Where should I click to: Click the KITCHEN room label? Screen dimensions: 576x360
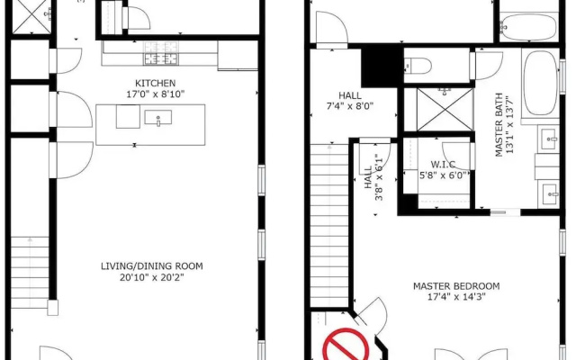(x=156, y=83)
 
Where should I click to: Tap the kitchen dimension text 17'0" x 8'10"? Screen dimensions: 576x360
(x=156, y=94)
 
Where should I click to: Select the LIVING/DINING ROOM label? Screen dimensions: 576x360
(x=152, y=266)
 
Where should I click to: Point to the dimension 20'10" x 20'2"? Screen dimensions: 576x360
(x=152, y=277)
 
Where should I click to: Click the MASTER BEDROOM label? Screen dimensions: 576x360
(x=456, y=286)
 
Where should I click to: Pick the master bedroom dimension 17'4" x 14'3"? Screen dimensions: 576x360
(x=456, y=297)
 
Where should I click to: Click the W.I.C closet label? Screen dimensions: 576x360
(x=443, y=164)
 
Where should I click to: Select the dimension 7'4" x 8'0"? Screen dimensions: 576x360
(x=350, y=106)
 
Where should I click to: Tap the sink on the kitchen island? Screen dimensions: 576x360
(x=158, y=118)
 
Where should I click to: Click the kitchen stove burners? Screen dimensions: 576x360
(x=161, y=53)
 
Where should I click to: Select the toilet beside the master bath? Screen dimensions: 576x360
(x=418, y=66)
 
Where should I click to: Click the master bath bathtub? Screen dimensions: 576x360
(x=540, y=84)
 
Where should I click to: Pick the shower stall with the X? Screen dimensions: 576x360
(x=445, y=110)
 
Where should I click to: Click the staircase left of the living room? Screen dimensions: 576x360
(x=30, y=272)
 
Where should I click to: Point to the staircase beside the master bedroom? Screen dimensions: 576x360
(x=329, y=225)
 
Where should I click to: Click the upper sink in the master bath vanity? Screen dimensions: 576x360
(x=549, y=139)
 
